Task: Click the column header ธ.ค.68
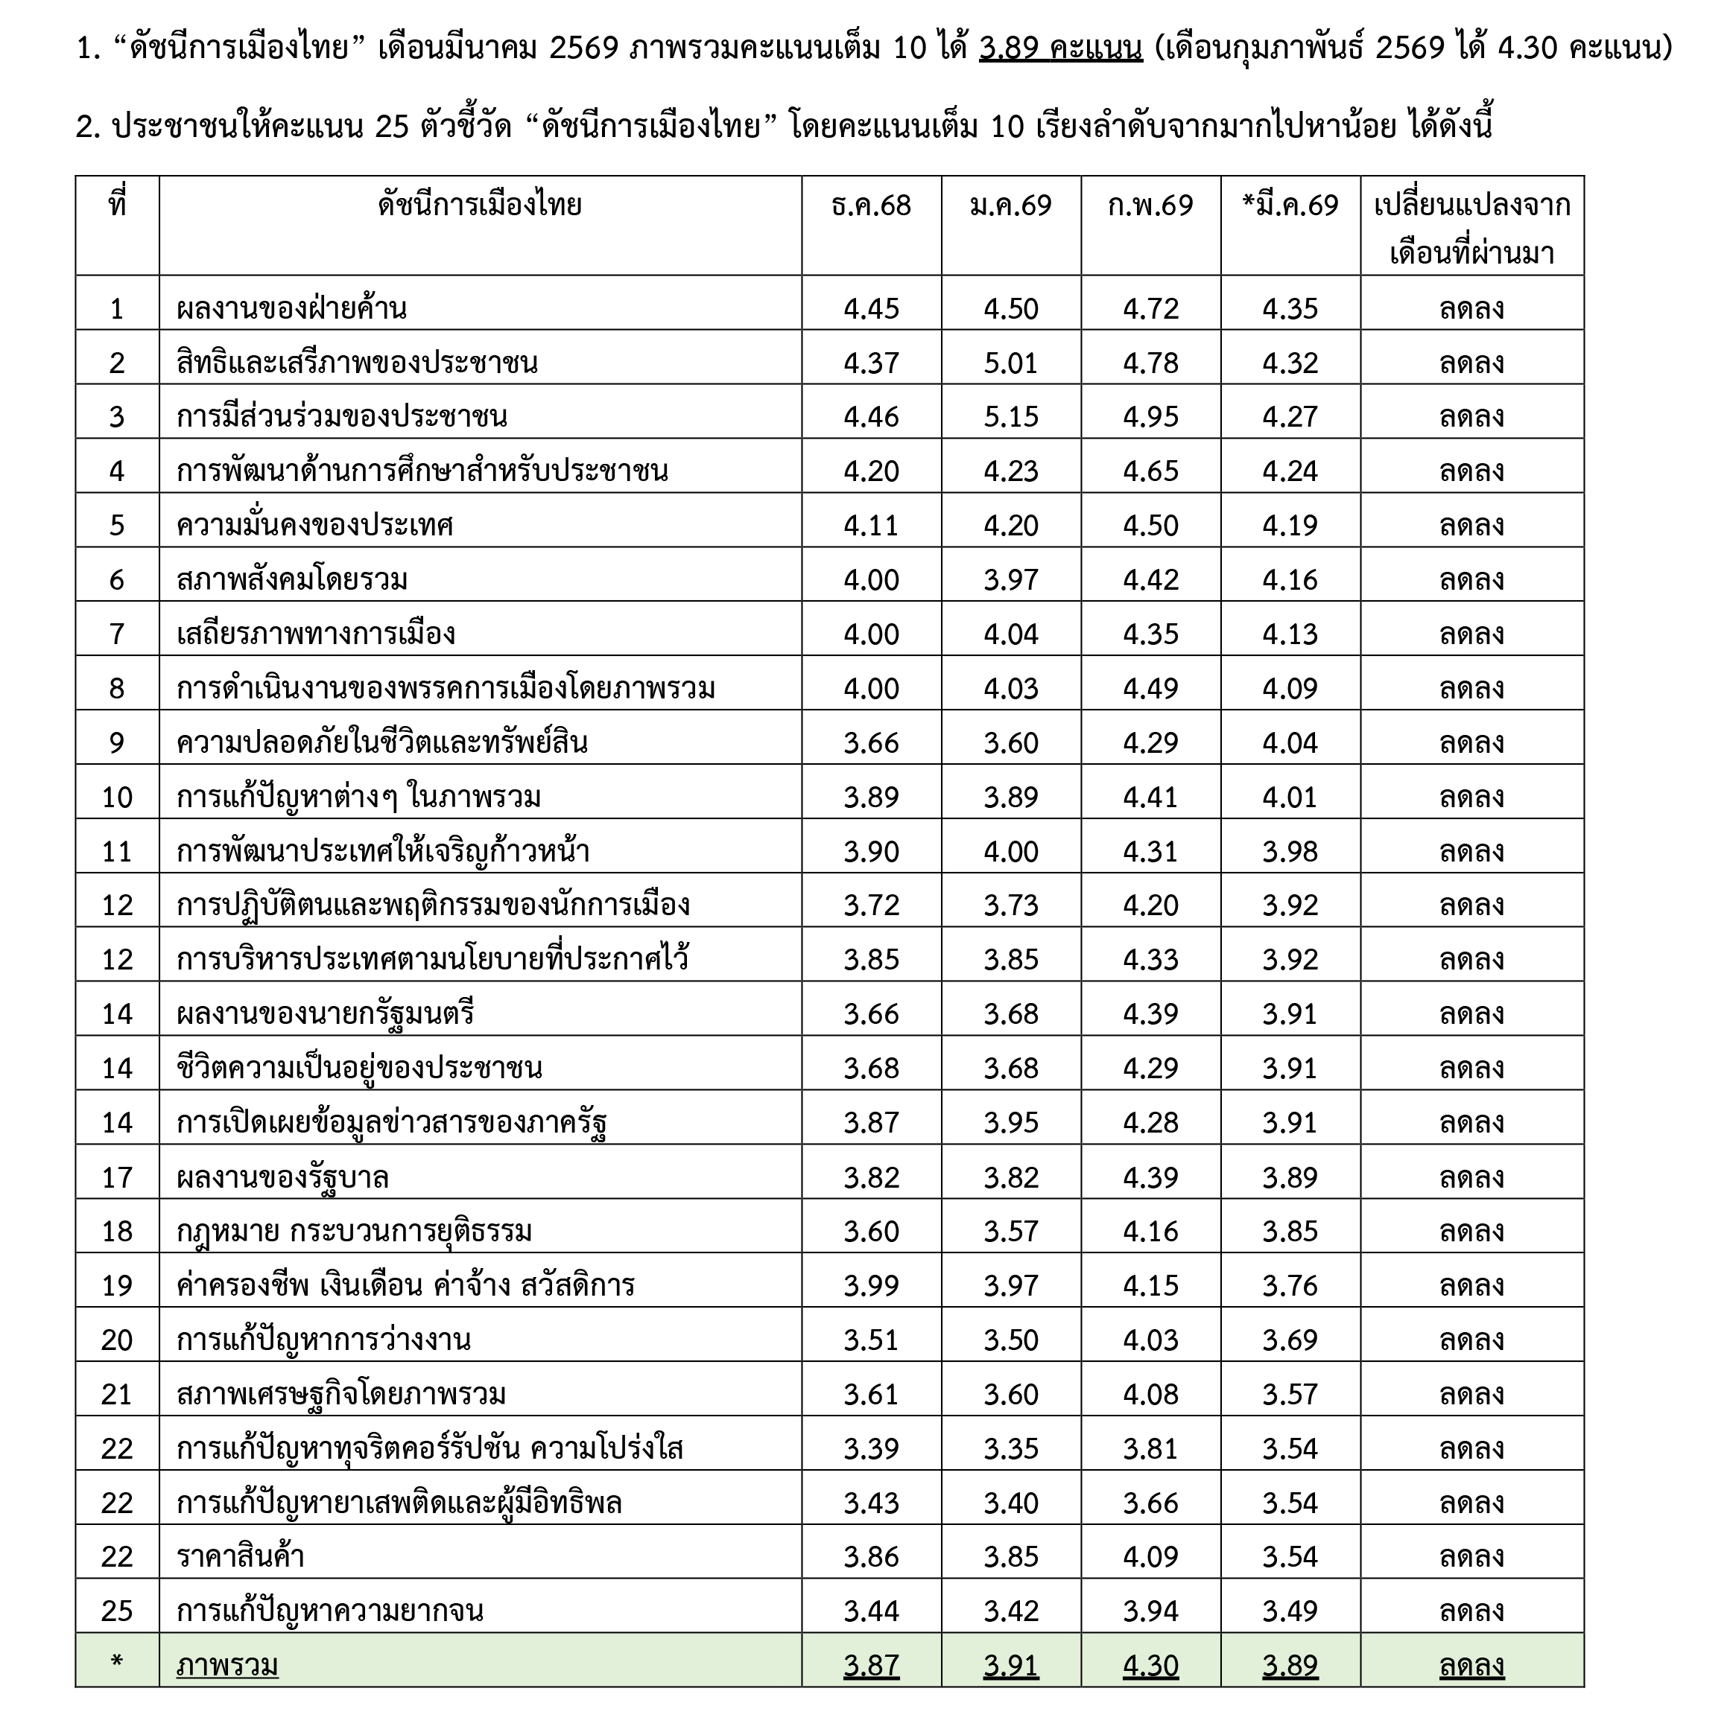[x=871, y=206]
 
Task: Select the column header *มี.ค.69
[x=1290, y=206]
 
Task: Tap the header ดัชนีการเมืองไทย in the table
[x=480, y=206]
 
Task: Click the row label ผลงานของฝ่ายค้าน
[x=291, y=309]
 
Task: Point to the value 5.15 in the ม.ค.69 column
[x=1011, y=418]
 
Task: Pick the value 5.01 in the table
[x=1011, y=363]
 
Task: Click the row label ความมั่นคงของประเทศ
[x=315, y=526]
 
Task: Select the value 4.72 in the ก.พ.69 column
[x=1150, y=309]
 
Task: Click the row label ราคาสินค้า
[x=241, y=1557]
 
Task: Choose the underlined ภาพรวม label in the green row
[x=228, y=1666]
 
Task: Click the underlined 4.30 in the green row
[x=1150, y=1666]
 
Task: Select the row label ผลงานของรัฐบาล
[x=282, y=1178]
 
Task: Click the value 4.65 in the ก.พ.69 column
[x=1150, y=471]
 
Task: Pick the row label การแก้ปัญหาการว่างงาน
[x=324, y=1340]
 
